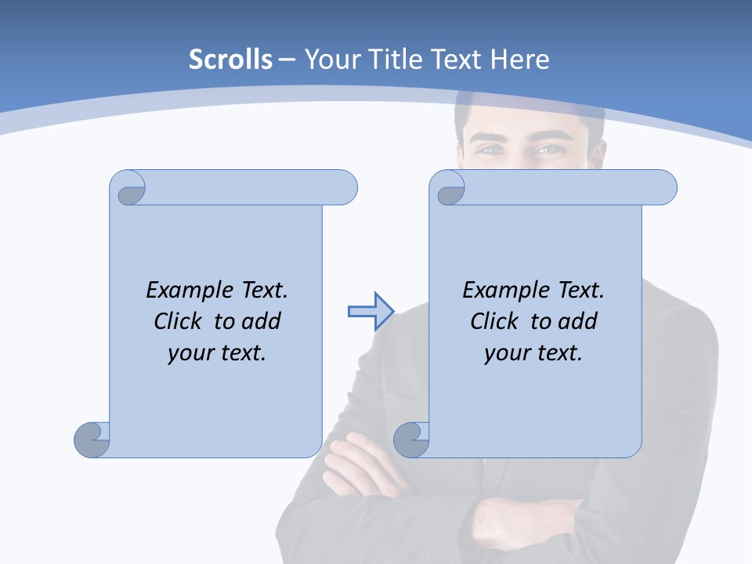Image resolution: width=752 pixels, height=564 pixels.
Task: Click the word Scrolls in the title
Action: click(230, 60)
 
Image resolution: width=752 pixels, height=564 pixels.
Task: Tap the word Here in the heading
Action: click(519, 60)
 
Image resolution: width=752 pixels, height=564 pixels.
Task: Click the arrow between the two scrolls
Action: click(371, 312)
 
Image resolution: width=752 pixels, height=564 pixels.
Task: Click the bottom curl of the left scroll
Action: click(92, 439)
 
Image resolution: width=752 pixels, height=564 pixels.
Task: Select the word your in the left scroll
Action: click(189, 353)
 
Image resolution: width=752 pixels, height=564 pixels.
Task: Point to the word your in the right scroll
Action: click(505, 353)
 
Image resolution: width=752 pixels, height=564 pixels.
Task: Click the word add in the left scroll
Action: click(261, 321)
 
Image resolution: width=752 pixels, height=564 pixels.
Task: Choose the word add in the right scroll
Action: click(577, 321)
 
